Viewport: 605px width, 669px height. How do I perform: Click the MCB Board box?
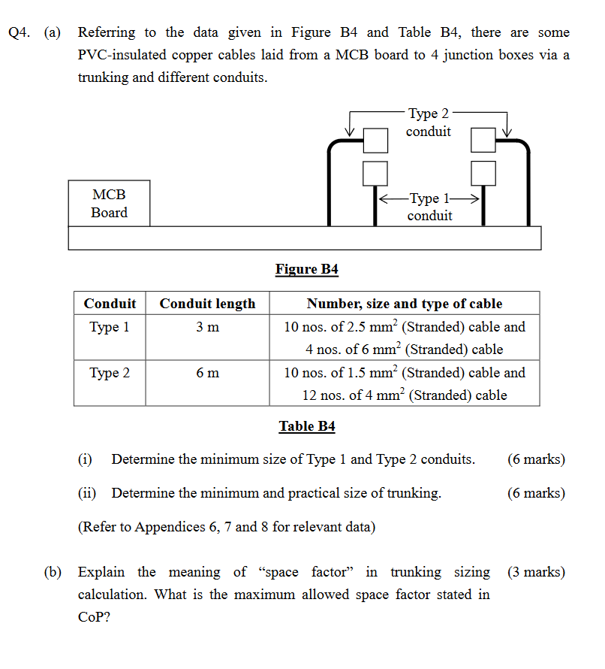point(109,203)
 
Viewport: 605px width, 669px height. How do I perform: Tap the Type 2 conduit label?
point(429,123)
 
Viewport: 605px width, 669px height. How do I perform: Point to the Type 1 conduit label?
point(429,207)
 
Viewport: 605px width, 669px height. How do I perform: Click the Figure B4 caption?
point(307,269)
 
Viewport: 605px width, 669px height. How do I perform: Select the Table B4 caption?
point(307,426)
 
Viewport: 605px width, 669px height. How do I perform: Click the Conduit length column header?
point(207,304)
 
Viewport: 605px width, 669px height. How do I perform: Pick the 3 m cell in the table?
point(207,327)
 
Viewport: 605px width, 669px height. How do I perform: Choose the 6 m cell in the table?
point(207,372)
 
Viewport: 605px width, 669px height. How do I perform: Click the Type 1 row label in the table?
point(110,327)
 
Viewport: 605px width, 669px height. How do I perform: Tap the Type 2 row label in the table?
point(110,372)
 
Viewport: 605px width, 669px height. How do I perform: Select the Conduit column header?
point(110,304)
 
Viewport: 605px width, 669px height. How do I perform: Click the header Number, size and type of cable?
point(404,304)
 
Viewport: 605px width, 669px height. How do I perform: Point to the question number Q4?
point(20,33)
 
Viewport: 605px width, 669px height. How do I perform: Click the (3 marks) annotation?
point(536,572)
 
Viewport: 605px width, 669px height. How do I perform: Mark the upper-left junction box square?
point(375,140)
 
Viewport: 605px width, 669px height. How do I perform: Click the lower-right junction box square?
point(483,173)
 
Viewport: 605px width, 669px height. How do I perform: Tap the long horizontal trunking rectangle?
point(304,238)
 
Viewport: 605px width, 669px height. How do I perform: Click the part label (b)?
point(53,572)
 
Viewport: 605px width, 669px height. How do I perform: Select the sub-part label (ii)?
point(88,493)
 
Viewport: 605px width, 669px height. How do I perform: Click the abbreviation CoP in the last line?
point(92,617)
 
